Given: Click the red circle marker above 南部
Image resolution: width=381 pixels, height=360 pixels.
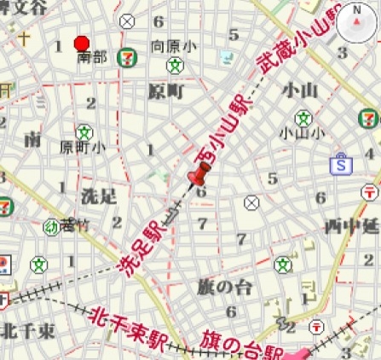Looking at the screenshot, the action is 82,44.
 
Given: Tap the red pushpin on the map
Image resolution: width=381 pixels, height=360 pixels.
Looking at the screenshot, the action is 199,174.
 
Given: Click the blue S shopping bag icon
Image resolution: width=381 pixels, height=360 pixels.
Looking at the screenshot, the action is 342,163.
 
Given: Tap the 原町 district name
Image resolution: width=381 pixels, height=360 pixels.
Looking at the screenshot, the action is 166,90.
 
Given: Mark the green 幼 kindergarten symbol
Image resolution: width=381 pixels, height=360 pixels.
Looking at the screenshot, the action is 50,226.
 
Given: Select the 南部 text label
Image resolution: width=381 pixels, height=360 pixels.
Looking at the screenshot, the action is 92,58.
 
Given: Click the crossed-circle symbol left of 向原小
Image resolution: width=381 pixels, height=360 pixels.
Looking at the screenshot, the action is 128,22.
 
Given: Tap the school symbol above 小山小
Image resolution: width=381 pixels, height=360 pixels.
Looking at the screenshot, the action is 303,114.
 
